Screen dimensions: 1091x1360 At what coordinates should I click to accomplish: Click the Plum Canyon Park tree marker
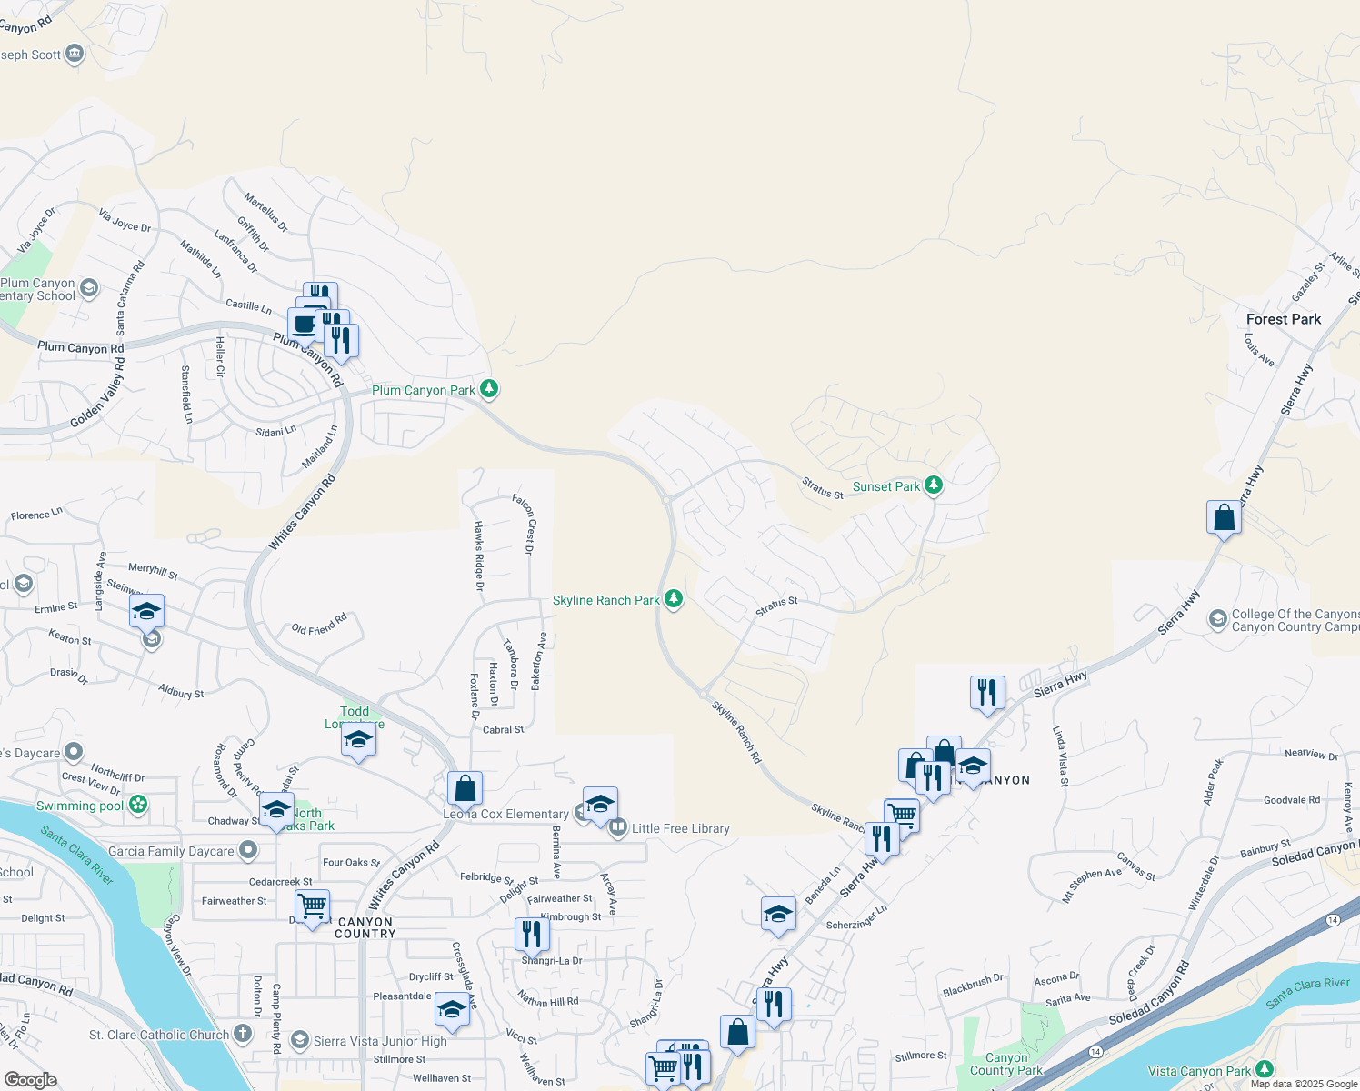489,389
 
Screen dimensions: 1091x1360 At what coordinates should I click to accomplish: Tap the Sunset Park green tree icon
933,485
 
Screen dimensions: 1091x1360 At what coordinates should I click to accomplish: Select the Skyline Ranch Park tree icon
673,598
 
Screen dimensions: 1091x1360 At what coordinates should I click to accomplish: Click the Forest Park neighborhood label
1283,319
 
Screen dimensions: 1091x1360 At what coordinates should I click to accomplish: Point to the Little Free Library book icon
618,827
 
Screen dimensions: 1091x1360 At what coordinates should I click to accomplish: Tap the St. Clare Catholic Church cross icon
242,1033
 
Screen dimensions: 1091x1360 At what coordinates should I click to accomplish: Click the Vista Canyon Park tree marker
1264,1070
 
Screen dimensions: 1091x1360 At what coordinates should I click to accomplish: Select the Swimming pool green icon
138,804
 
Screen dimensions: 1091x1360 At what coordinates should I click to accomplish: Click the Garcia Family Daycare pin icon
247,850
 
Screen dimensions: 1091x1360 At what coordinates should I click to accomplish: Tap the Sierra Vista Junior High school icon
300,1040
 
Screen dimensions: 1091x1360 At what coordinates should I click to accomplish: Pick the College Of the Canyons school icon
1217,619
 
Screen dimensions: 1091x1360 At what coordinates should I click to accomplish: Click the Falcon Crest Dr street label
524,524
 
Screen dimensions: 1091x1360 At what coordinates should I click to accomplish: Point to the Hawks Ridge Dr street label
478,555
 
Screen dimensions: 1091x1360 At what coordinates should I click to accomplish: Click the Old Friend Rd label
319,626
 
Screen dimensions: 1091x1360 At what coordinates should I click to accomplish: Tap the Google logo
30,1079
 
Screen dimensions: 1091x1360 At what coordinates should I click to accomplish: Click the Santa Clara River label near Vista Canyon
1307,992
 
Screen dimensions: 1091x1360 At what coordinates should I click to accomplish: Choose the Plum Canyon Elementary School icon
88,288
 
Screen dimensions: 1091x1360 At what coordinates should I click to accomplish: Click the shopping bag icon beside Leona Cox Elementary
465,788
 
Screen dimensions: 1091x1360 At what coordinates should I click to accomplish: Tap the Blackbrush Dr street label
973,985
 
